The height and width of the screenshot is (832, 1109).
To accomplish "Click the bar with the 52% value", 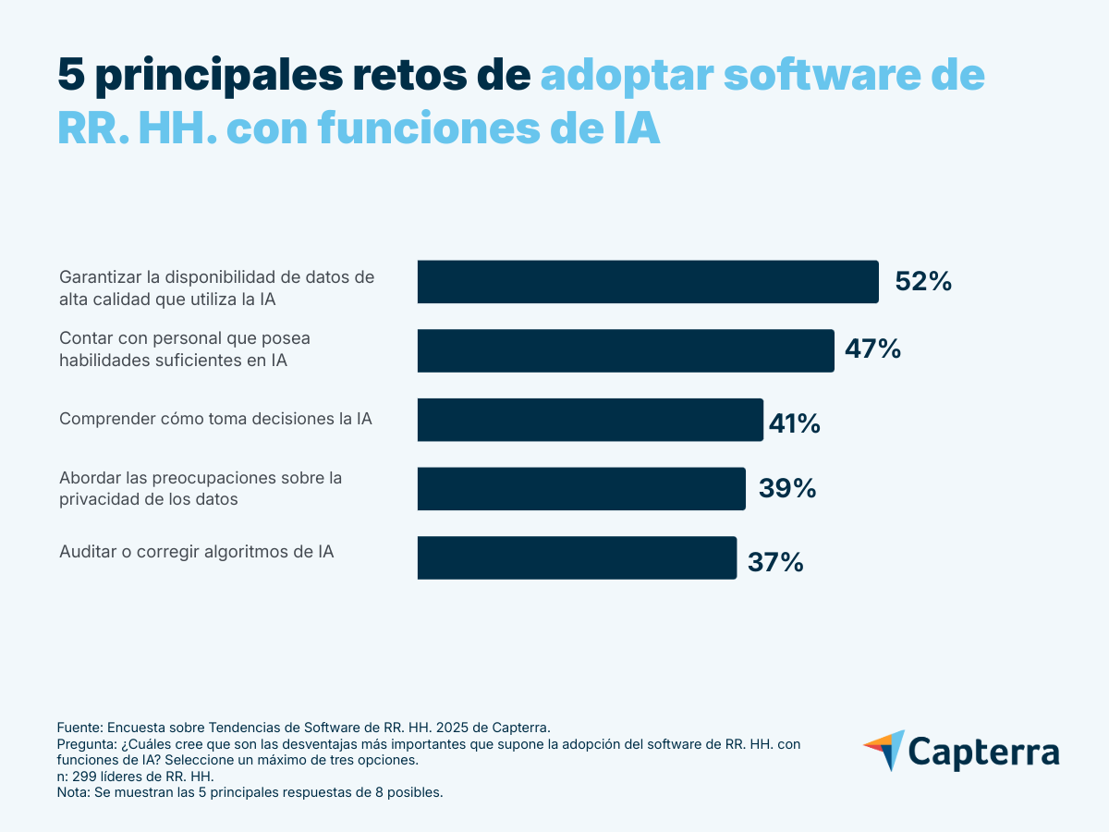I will click(647, 282).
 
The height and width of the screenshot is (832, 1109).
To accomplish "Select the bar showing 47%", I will click(626, 350).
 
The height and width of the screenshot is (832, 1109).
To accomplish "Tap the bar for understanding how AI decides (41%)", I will click(590, 420).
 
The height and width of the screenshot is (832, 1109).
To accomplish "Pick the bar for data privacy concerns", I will click(581, 488).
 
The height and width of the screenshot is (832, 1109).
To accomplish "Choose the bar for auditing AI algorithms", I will click(577, 557).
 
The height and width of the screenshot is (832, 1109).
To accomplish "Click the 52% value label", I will click(922, 282).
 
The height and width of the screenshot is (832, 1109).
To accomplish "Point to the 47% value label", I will click(871, 349).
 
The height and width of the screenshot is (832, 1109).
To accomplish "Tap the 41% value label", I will click(794, 423).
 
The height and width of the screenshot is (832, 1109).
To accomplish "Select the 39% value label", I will click(786, 488).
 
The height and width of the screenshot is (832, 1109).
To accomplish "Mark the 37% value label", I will click(774, 561).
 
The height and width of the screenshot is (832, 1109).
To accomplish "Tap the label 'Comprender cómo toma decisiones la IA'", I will click(215, 419).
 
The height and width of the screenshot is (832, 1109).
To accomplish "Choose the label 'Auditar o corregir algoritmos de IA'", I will click(196, 552).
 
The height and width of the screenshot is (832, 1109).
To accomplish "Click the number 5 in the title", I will click(70, 74).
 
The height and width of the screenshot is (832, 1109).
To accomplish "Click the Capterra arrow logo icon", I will click(884, 750).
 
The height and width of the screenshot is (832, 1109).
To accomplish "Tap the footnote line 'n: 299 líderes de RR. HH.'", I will click(135, 777).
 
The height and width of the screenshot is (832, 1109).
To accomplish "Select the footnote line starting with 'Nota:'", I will click(250, 793).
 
